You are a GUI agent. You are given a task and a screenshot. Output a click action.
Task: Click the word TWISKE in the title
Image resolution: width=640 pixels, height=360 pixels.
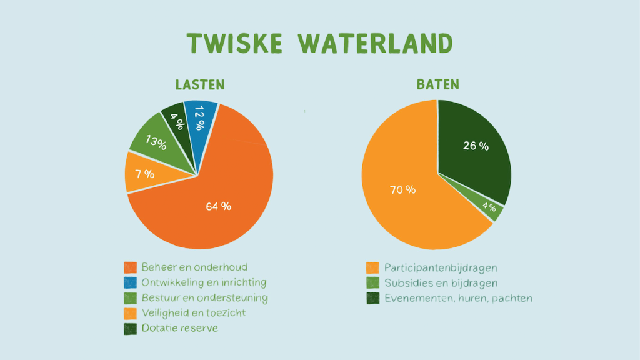[x=235, y=43]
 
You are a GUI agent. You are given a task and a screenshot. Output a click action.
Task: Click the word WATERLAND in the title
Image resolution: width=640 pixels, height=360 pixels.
[x=376, y=43]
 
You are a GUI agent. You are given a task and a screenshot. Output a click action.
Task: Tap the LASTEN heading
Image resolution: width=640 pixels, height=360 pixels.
[x=200, y=84]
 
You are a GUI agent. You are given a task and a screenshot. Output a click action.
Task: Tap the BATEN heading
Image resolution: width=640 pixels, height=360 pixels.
[x=438, y=84]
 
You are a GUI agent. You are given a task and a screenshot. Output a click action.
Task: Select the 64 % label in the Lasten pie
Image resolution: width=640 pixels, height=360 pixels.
[x=218, y=206]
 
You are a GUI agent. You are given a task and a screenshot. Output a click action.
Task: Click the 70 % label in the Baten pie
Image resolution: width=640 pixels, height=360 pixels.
[x=403, y=190]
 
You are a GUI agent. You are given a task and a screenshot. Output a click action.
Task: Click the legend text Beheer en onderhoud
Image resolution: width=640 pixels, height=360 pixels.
[x=194, y=267]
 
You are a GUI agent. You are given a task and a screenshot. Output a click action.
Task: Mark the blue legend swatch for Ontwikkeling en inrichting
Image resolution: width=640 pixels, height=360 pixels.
[x=130, y=282]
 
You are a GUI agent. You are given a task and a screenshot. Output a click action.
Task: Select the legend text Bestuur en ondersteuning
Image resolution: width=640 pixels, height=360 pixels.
[x=205, y=298]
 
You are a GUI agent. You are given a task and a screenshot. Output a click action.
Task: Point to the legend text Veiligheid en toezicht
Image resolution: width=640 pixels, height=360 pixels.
[x=194, y=313]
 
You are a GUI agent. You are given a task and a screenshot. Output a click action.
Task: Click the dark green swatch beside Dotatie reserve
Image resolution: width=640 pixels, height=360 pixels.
[x=130, y=329]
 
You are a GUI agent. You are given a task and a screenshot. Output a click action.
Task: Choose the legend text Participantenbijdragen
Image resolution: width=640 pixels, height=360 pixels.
[x=441, y=268]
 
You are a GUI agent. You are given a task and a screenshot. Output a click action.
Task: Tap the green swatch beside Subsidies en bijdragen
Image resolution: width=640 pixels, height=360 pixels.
[x=372, y=283]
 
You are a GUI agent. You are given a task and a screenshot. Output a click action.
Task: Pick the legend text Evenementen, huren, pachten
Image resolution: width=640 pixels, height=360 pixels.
[x=458, y=298]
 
